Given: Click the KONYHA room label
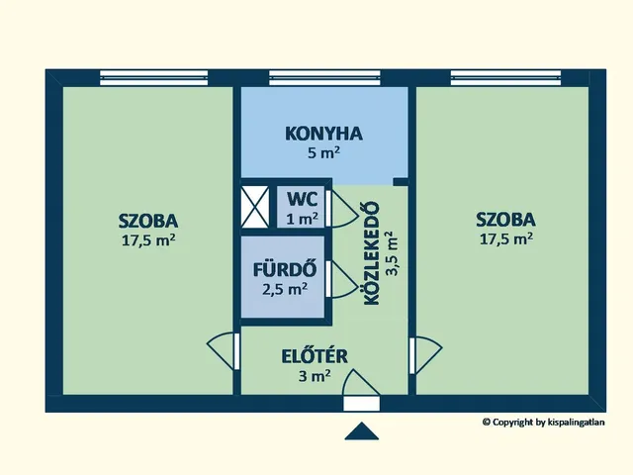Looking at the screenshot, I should tap(324, 134).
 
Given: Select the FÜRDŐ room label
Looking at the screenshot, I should tap(284, 269).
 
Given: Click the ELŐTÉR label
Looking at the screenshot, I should tap(314, 356).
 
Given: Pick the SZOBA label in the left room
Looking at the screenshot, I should tap(147, 220).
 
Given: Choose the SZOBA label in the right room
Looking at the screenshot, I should tap(505, 220).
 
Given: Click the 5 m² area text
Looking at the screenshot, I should tap(324, 153).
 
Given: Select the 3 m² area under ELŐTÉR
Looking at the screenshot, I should tap(314, 376).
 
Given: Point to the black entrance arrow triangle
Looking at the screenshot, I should tap(363, 431).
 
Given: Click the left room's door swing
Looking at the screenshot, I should tap(224, 351).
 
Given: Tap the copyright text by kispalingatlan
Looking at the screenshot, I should tap(543, 422).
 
